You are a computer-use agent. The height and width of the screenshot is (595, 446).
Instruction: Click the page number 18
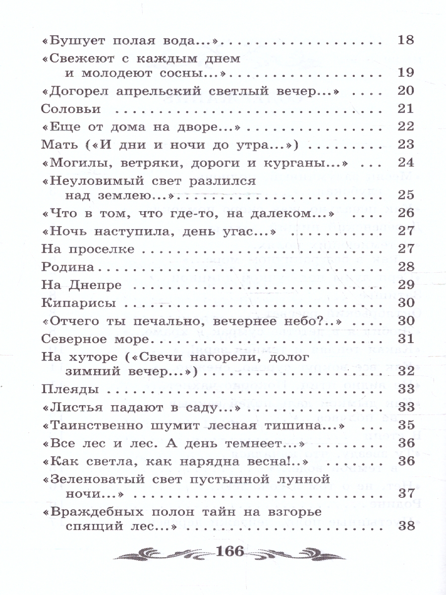[405, 40]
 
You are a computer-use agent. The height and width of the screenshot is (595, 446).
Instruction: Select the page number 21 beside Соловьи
[405, 108]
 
